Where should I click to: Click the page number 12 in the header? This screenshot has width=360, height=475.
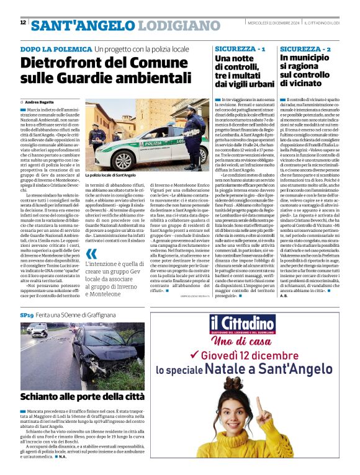(23, 22)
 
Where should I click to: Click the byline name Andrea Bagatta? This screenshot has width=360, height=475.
(39, 102)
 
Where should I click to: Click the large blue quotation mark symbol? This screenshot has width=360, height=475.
(92, 254)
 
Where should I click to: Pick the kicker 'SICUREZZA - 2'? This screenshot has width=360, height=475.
(305, 48)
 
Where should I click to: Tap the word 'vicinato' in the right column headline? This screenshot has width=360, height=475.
(300, 82)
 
